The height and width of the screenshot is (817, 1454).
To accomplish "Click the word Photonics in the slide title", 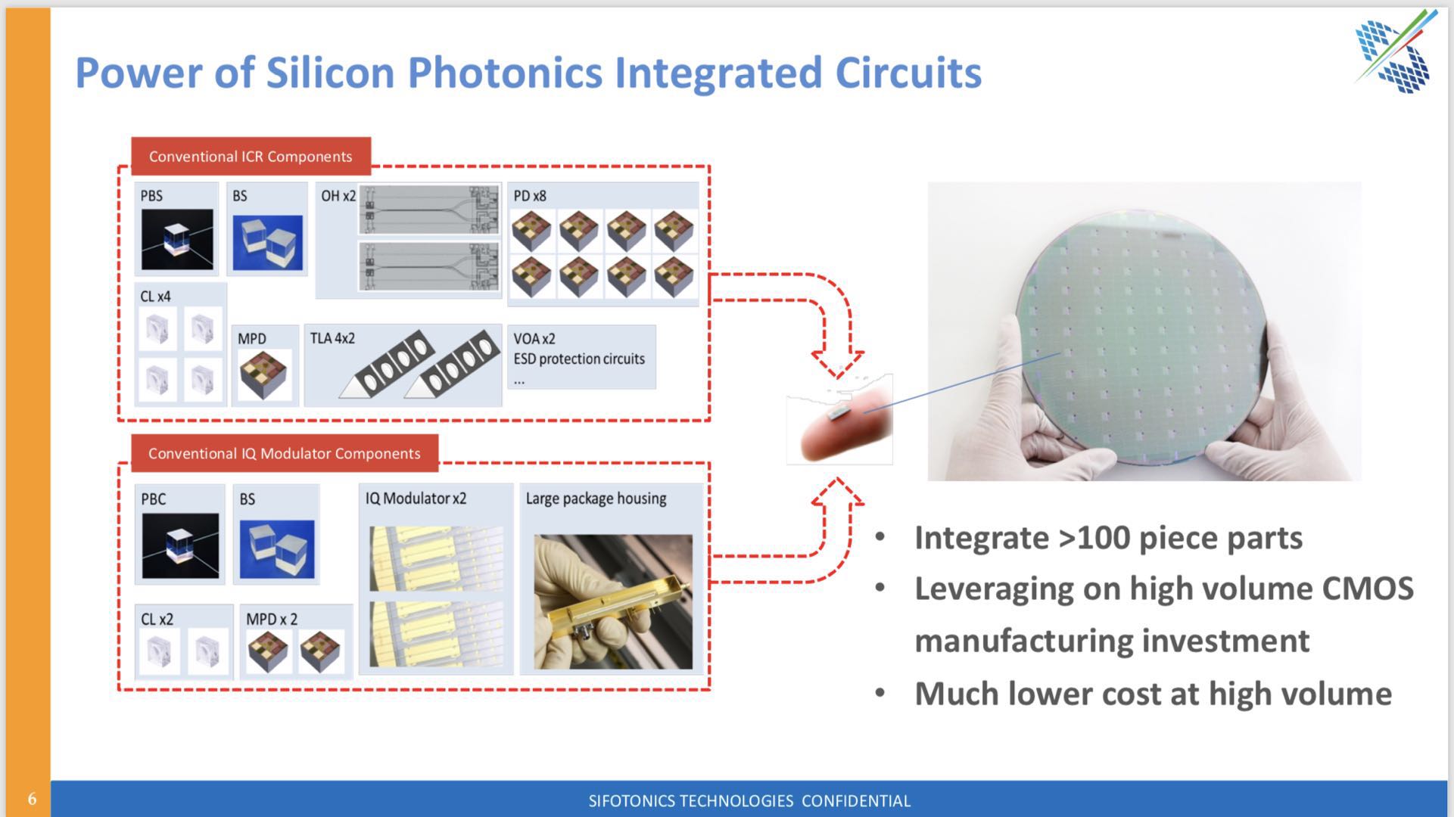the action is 505,73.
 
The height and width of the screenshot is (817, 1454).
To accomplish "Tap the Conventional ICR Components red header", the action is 251,156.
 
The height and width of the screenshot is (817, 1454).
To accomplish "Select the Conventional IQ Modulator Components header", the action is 285,453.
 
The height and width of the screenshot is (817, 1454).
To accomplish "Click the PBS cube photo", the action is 177,240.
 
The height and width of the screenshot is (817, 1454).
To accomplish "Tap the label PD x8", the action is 530,196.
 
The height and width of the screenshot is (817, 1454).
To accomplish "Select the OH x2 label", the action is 338,196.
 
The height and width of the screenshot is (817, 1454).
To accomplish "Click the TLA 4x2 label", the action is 332,338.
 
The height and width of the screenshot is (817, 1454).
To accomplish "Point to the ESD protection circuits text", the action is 579,359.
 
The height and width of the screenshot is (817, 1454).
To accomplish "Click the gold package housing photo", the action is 613,602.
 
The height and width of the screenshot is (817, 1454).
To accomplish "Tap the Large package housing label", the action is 596,499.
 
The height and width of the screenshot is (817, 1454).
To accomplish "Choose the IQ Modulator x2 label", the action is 416,499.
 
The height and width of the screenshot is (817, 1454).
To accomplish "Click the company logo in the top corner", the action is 1395,51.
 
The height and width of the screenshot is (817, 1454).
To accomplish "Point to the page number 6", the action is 32,799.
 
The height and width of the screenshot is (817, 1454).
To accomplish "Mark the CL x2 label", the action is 157,619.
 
